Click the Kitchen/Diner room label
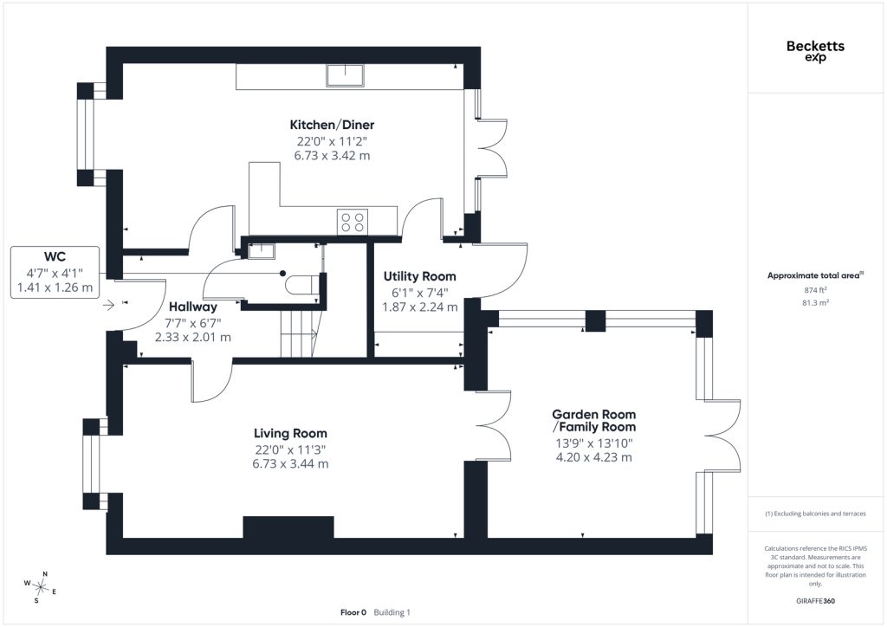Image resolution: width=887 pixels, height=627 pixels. [x=332, y=125]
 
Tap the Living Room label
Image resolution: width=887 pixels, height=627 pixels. [x=290, y=434]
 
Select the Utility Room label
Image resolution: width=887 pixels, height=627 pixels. [x=420, y=276]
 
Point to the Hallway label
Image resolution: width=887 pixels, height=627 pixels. [x=193, y=307]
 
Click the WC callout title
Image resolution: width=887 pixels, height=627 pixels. [x=55, y=256]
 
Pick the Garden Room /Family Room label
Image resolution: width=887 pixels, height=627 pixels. [x=594, y=421]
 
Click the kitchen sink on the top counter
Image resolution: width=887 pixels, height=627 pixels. [x=345, y=75]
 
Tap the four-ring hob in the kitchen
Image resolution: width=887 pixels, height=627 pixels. [x=353, y=221]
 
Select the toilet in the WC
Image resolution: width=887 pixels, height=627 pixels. [x=302, y=284]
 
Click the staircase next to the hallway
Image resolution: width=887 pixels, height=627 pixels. [x=300, y=335]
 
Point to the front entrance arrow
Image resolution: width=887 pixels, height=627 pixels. [x=108, y=306]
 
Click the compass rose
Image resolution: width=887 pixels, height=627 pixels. [x=40, y=587]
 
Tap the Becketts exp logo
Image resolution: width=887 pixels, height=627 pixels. [x=815, y=50]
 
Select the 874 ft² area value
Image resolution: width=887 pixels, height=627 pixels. [x=815, y=290]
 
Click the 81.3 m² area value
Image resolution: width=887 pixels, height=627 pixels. [x=815, y=302]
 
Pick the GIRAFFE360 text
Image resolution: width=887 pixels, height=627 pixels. [x=815, y=601]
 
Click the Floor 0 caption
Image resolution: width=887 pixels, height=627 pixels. [x=353, y=612]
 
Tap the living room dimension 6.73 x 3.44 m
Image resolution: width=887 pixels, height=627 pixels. [x=290, y=464]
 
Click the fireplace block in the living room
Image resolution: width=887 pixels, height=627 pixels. [x=288, y=527]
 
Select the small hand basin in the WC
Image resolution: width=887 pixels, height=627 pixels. [x=262, y=251]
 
